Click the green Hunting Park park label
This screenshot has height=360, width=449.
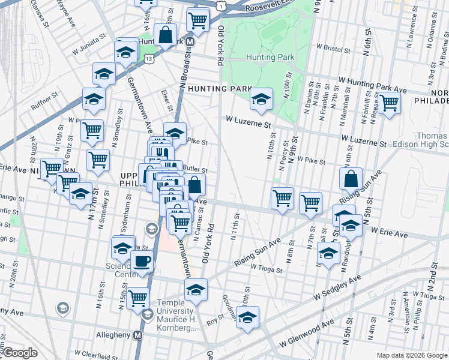(x=270, y=58)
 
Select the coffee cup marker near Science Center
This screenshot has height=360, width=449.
(x=142, y=262)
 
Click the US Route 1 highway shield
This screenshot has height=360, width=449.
(x=221, y=5)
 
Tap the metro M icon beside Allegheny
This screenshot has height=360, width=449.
(x=138, y=334)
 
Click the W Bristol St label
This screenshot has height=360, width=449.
(x=332, y=46)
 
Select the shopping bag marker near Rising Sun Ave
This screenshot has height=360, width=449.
(x=351, y=179)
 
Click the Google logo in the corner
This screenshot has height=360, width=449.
(x=19, y=353)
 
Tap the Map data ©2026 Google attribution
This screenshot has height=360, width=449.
(x=411, y=355)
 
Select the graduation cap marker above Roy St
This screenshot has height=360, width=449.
(x=196, y=290)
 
